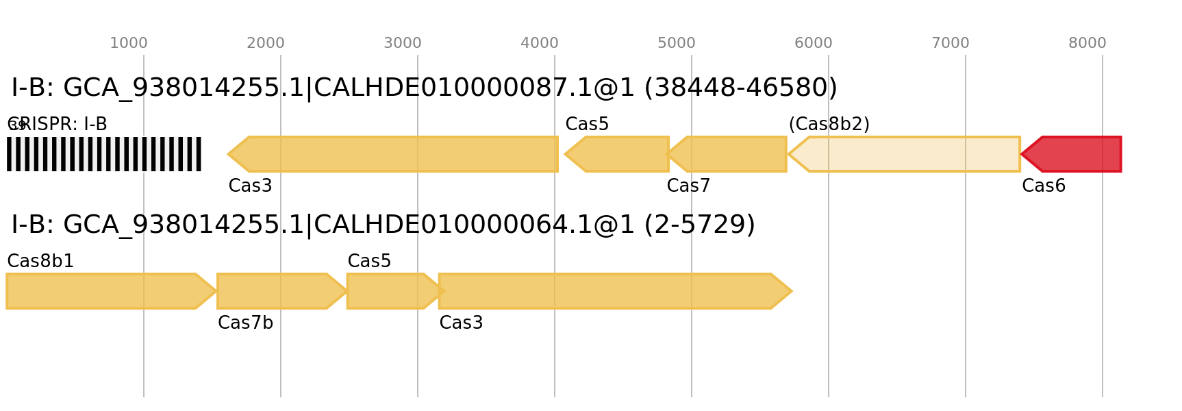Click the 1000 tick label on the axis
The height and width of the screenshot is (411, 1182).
pyautogui.click(x=129, y=43)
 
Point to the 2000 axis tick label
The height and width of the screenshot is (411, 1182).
pyautogui.click(x=266, y=43)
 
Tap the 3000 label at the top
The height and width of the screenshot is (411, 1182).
pyautogui.click(x=403, y=43)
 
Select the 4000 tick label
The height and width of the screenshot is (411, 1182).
pyautogui.click(x=540, y=43)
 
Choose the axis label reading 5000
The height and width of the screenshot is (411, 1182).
pyautogui.click(x=677, y=43)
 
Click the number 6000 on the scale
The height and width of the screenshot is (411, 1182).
pyautogui.click(x=814, y=43)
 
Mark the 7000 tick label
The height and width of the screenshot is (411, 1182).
pyautogui.click(x=951, y=43)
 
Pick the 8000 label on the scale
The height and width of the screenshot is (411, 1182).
pyautogui.click(x=1087, y=43)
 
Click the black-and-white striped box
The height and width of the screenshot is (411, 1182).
pyautogui.click(x=104, y=154)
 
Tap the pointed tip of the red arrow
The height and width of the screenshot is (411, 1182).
pyautogui.click(x=1022, y=154)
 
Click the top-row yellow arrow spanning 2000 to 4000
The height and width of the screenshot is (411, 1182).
pyautogui.click(x=397, y=154)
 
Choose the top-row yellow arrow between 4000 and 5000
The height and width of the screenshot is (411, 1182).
pyautogui.click(x=620, y=154)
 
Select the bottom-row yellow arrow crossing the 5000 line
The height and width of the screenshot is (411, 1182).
pyautogui.click(x=609, y=291)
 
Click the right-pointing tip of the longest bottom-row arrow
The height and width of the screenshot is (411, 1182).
pyautogui.click(x=792, y=291)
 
